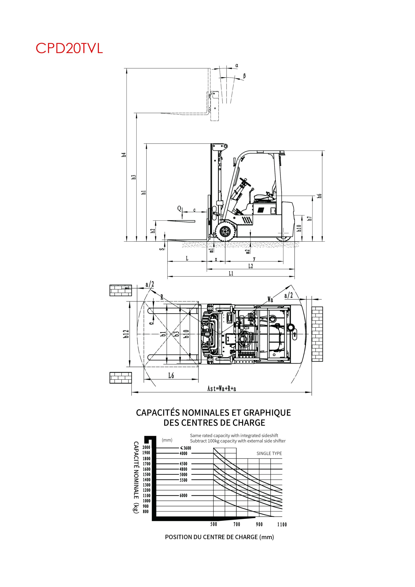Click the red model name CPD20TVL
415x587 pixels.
(x=69, y=48)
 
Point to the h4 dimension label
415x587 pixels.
(x=124, y=155)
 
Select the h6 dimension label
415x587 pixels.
(x=319, y=196)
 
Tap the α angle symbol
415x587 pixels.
(x=237, y=65)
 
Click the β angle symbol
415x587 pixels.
(x=244, y=76)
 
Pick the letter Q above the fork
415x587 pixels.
(x=179, y=209)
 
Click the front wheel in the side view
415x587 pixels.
(x=225, y=232)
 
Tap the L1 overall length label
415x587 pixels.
(x=231, y=274)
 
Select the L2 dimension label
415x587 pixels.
(x=251, y=266)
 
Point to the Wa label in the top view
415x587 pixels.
(x=270, y=299)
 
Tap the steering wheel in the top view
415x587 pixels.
(x=244, y=338)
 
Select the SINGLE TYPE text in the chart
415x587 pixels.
(x=269, y=453)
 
